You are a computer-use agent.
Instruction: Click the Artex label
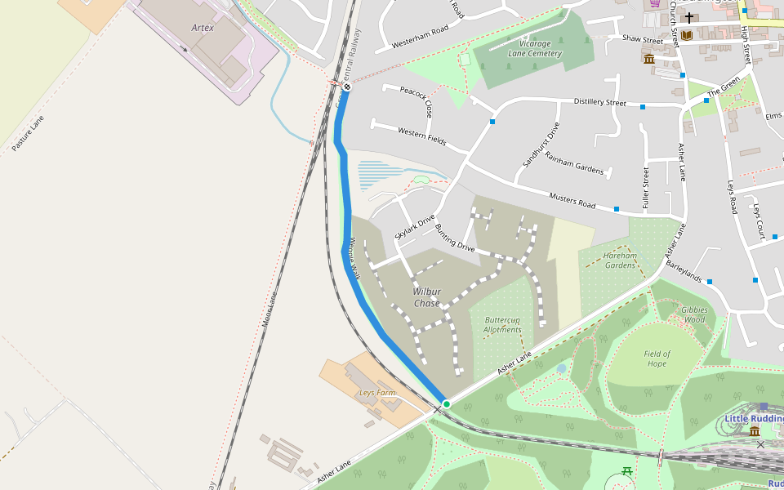(203, 27)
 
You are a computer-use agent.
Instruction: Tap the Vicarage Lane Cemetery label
(535, 48)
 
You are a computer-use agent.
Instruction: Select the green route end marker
(447, 404)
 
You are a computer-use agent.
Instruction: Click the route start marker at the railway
(347, 87)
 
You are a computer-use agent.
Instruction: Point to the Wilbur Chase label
(426, 297)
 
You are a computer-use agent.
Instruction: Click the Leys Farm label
(377, 393)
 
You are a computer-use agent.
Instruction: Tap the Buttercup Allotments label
(503, 324)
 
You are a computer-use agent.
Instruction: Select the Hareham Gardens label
(620, 261)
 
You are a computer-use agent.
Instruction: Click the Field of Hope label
(657, 359)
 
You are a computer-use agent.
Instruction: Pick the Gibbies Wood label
(693, 314)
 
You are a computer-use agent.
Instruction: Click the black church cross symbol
(689, 17)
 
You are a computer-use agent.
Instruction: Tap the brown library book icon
(687, 35)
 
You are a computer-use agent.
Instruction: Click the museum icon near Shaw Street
(649, 59)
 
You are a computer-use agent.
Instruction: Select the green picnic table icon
(627, 471)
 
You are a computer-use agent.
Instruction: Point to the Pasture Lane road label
(28, 133)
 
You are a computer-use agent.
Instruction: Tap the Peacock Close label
(416, 100)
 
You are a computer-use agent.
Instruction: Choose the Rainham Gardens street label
(574, 163)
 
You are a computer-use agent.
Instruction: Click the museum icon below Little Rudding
(755, 430)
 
